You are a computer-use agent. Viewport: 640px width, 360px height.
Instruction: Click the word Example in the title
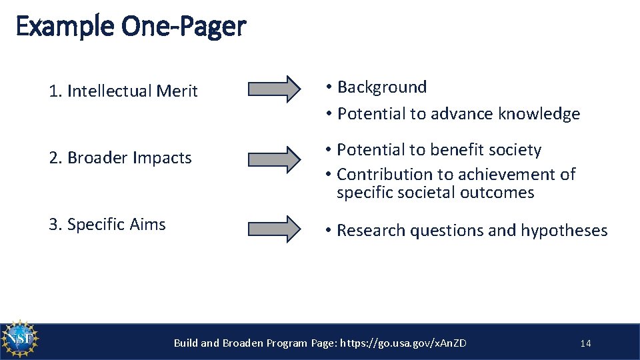64,27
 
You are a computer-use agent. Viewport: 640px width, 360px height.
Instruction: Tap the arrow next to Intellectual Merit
274,89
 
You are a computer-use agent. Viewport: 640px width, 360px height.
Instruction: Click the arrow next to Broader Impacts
274,159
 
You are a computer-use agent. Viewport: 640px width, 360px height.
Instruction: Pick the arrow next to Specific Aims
274,228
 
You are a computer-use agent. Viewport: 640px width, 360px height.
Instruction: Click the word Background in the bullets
382,87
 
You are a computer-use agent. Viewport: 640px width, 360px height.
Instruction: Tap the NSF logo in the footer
20,340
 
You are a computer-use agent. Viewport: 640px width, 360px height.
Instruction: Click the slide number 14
585,343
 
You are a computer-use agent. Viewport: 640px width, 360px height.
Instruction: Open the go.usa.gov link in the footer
403,343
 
